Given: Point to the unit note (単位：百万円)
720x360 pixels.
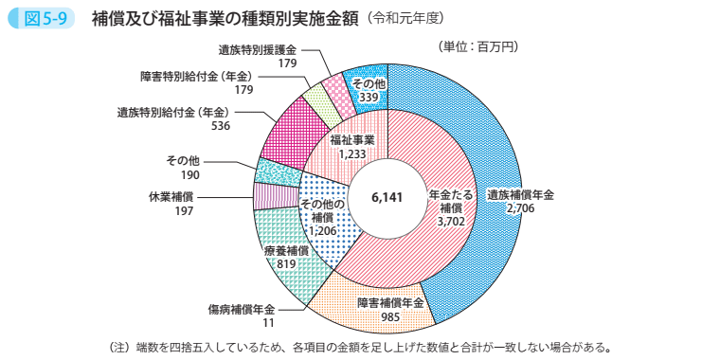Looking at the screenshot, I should tap(478, 45).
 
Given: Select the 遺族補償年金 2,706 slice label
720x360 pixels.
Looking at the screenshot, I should tap(520, 200).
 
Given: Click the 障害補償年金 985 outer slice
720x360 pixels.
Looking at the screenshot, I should tap(389, 309).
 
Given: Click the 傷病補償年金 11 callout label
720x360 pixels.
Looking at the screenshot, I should tap(242, 315).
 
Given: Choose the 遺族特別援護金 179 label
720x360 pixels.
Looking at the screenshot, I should tap(257, 56).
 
